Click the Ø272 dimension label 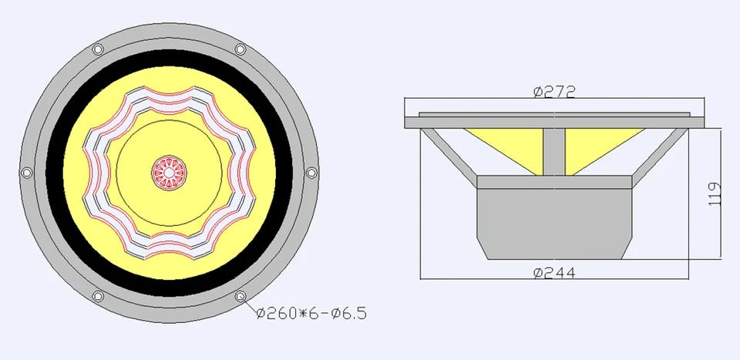coord(554,92)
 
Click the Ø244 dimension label coord(554,273)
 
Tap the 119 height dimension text coord(715,193)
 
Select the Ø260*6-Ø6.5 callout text coord(311,313)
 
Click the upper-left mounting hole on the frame coord(98,49)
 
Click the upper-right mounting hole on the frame coord(240,49)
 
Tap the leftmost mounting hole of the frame coord(27,173)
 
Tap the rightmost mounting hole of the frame coord(311,173)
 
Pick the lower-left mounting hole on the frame coord(98,296)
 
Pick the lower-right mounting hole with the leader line coord(240,296)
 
